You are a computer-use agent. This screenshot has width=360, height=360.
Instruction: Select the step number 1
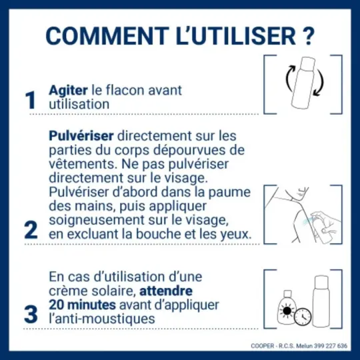30,101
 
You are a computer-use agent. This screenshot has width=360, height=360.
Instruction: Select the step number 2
30,230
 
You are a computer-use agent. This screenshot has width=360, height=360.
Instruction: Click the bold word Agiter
68,89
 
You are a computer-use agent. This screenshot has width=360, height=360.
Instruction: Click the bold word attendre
167,291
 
